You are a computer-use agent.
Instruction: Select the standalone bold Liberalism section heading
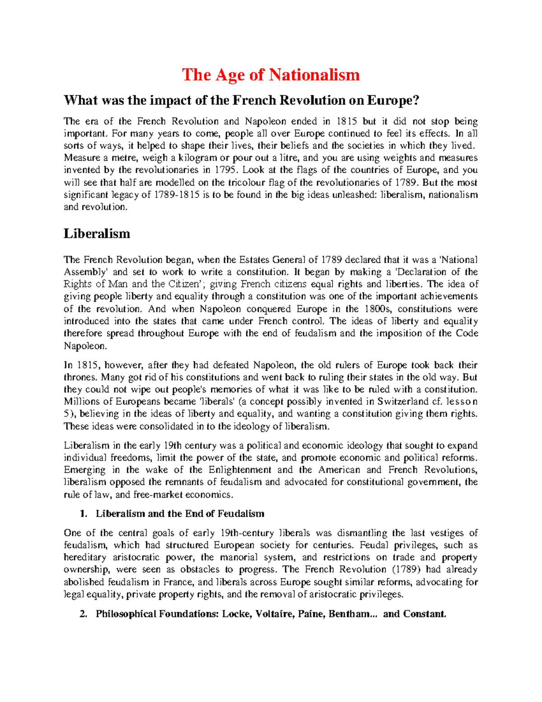coord(97,234)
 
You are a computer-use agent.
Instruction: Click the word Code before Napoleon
coord(467,334)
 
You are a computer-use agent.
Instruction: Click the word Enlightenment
coord(240,470)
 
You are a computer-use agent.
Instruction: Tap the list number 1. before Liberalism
coord(83,514)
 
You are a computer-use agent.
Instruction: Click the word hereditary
coord(85,557)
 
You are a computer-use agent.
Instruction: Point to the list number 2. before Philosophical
coord(83,614)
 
